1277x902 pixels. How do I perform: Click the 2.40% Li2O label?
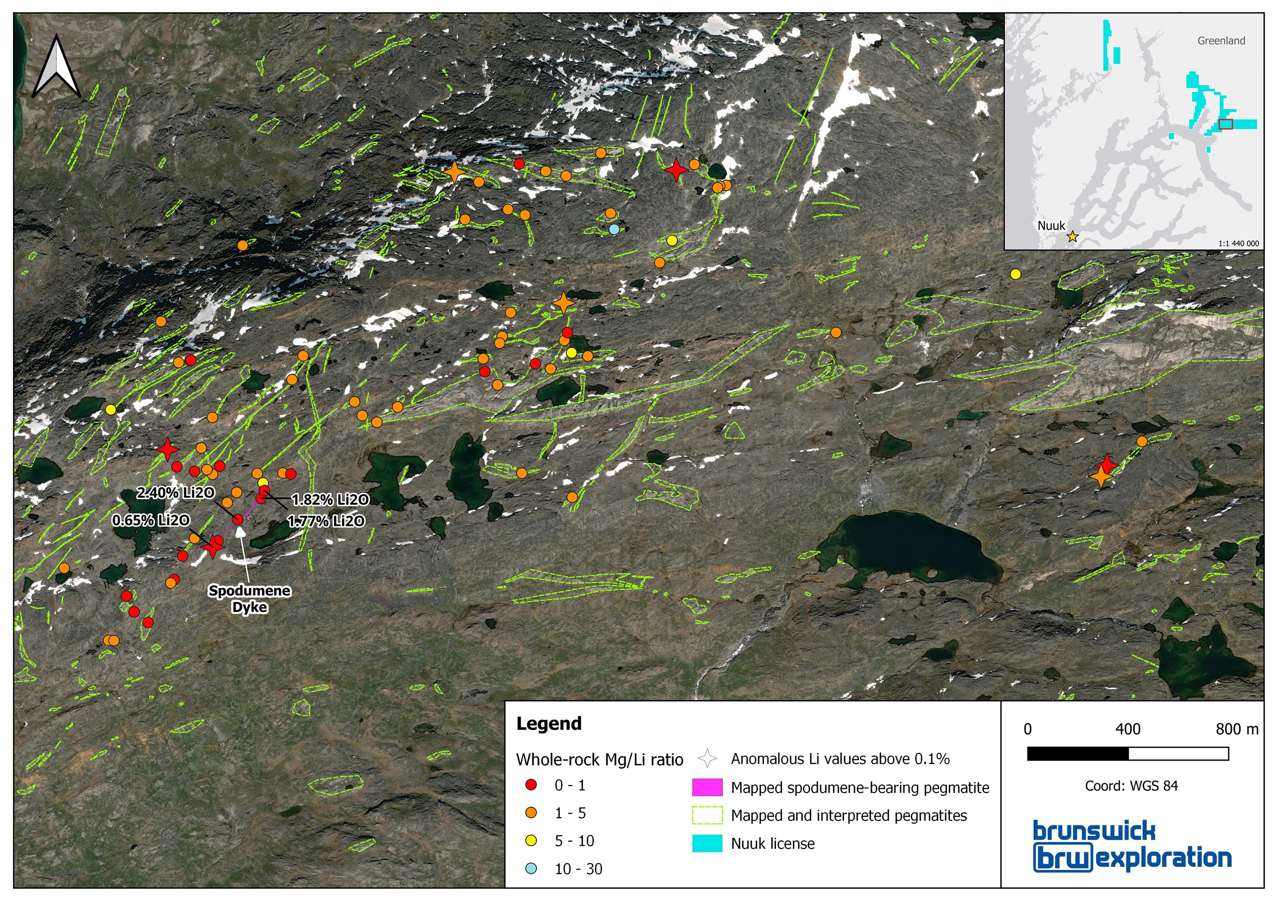(x=175, y=493)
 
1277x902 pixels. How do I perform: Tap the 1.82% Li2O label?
(x=330, y=500)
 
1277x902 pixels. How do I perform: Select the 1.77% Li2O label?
(x=326, y=521)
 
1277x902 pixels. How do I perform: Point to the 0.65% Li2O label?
(x=151, y=520)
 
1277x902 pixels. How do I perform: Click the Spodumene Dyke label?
(x=250, y=599)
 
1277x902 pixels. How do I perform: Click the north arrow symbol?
(x=57, y=67)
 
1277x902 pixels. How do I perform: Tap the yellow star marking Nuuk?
(x=1073, y=237)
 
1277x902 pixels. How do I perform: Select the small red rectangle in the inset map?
(x=1225, y=124)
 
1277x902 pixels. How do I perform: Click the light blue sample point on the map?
(x=614, y=229)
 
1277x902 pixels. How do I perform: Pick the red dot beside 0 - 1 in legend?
(x=532, y=785)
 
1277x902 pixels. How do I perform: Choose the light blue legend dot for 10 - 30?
(x=532, y=868)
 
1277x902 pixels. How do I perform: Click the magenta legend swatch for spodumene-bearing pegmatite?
(x=707, y=787)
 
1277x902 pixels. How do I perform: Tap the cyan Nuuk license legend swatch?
(x=707, y=843)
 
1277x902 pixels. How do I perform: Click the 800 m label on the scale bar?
(x=1237, y=729)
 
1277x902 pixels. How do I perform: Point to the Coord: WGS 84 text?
(x=1131, y=785)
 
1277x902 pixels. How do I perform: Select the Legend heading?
(x=548, y=724)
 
